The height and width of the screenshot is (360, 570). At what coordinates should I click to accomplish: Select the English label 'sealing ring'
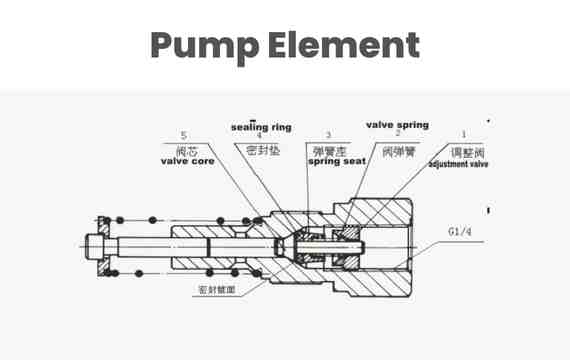[x=261, y=128]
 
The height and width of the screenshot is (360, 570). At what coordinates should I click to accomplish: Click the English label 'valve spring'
[x=397, y=125]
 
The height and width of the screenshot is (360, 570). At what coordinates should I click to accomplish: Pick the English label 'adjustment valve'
[x=458, y=162]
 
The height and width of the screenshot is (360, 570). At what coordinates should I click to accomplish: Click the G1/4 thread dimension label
[x=460, y=232]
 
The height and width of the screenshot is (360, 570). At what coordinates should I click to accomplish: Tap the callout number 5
[x=183, y=136]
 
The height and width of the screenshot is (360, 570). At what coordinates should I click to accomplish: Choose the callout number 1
[x=463, y=134]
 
